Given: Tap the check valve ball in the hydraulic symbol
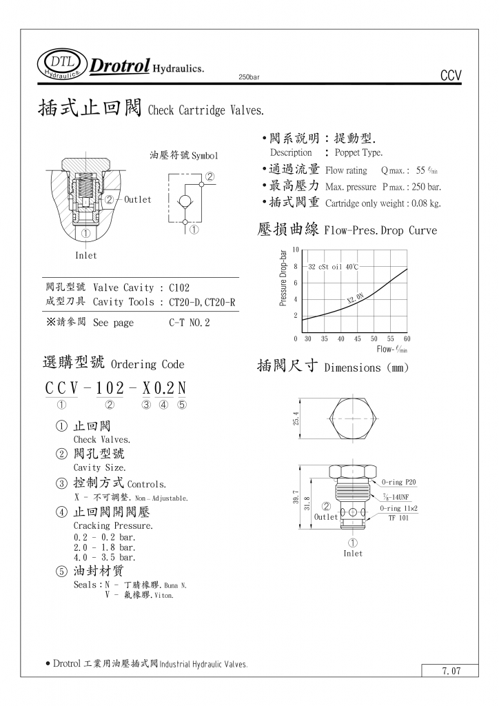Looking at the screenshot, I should point(185,201).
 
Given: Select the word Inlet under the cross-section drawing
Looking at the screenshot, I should point(86,256).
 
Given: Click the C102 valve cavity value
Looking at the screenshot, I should point(179,288).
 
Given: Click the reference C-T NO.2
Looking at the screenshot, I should point(189,323).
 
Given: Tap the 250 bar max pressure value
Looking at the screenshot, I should point(425,187).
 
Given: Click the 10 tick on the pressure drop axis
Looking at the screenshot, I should point(296,250).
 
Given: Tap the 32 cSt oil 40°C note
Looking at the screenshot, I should point(334,266).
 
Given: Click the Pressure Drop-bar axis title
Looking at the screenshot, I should point(283,278).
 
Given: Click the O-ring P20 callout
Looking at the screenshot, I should point(400,483).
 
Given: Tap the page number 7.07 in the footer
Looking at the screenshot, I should point(451,670).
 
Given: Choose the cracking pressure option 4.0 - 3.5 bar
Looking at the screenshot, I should point(105,557).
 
